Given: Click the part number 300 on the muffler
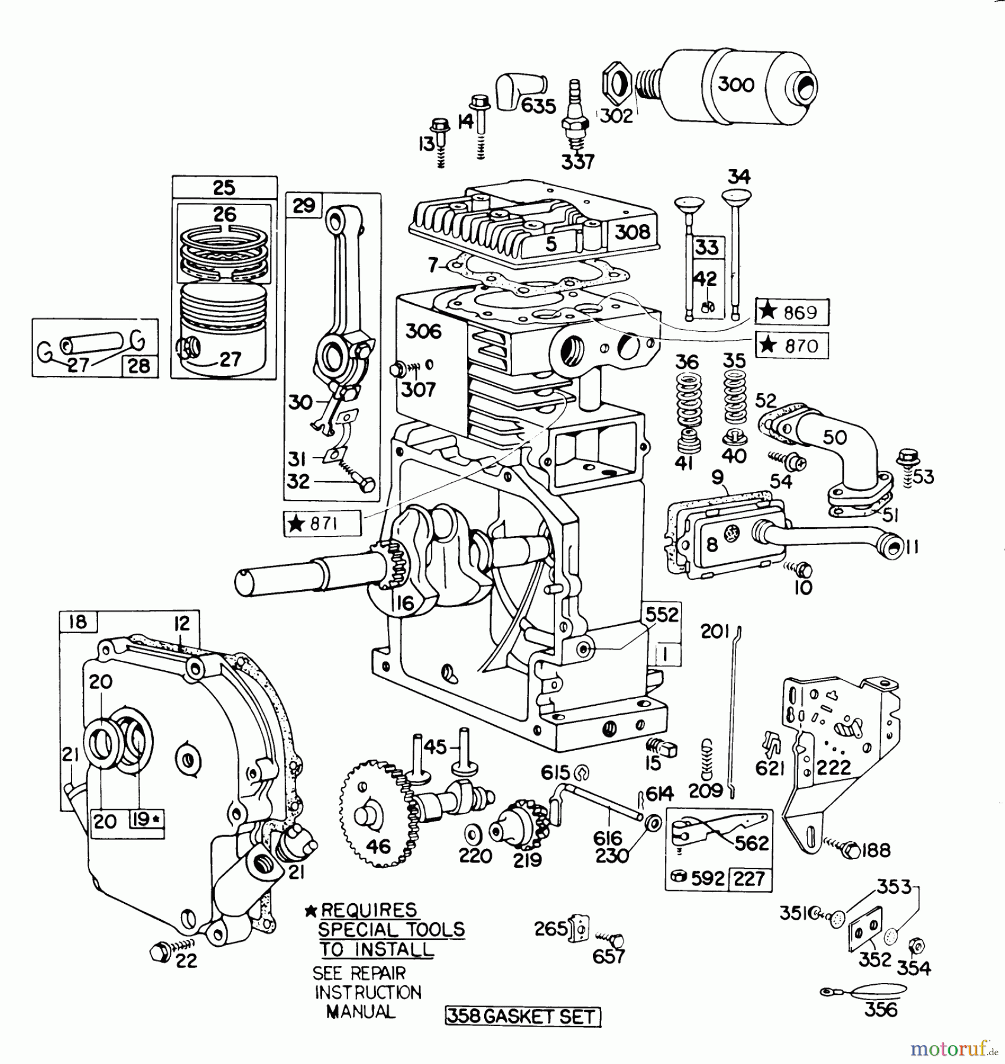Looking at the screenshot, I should coord(736,85).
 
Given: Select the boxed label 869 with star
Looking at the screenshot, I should coord(792,312).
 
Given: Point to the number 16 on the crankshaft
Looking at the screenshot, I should coord(405,603).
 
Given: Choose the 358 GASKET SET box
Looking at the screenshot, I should coord(523,1016).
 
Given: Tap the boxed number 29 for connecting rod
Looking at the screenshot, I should coord(304,206).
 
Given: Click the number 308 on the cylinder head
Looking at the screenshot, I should coord(632,232).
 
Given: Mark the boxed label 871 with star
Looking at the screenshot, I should coord(322,523).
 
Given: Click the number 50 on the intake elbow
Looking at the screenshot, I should coord(834,437).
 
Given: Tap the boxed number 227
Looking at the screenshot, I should coord(750,879).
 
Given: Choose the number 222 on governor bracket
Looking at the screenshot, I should coord(834,767).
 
